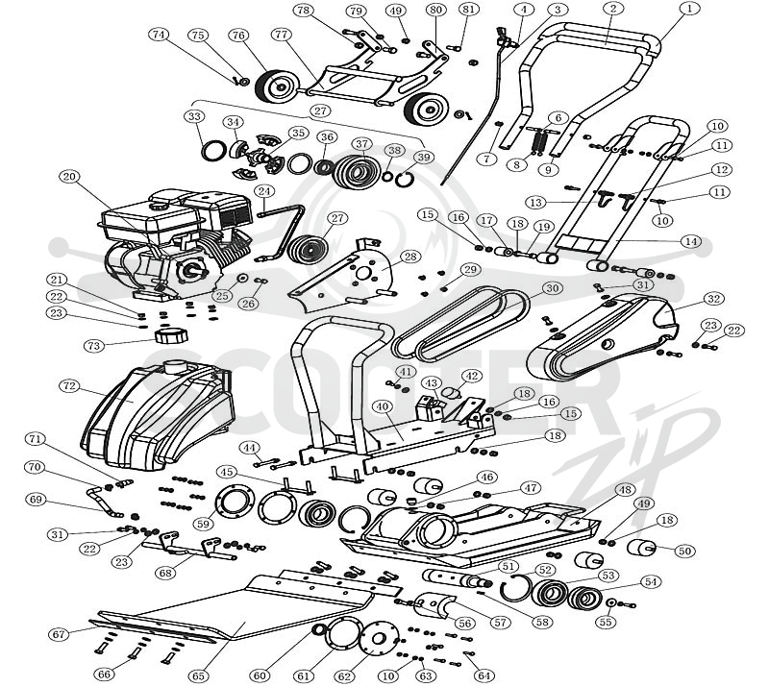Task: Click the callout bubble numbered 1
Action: (x=689, y=10)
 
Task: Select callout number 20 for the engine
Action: (x=69, y=177)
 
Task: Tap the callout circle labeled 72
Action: (x=69, y=386)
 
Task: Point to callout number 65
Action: (x=198, y=675)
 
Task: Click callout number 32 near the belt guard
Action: (x=713, y=299)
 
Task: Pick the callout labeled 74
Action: (x=158, y=35)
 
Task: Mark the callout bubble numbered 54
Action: (x=651, y=582)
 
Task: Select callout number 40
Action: (x=382, y=406)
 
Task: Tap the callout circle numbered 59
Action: (x=203, y=524)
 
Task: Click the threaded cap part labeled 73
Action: (x=171, y=336)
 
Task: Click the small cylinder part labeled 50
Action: (x=642, y=547)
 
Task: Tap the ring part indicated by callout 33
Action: (x=213, y=151)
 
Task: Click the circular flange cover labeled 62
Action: (x=378, y=637)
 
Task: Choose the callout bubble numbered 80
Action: (x=434, y=10)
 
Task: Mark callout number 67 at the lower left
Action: (x=59, y=634)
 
